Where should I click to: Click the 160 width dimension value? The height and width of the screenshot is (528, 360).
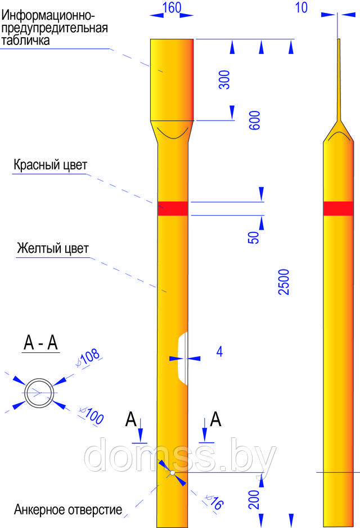point(172,8)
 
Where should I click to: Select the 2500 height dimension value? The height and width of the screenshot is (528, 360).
point(283,282)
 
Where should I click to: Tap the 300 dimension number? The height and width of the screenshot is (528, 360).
point(224,79)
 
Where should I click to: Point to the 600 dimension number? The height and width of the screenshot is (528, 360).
point(254,120)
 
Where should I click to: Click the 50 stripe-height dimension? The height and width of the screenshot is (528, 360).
point(254,238)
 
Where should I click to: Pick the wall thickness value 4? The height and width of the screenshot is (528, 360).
point(219,351)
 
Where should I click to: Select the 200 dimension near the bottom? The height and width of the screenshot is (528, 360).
point(254,499)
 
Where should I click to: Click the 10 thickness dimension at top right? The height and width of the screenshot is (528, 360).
point(301,8)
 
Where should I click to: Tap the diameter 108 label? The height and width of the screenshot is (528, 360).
point(88,357)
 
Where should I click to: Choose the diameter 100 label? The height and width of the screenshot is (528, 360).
point(92,415)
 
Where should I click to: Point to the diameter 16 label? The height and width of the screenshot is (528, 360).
point(214,502)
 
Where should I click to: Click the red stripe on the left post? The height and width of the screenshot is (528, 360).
point(173,208)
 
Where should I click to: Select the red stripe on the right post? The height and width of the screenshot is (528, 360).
point(339,208)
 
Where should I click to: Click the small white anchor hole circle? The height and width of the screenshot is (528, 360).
point(173,473)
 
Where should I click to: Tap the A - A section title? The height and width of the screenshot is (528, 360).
point(40,343)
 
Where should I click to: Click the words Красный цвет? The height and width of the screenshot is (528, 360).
point(51,165)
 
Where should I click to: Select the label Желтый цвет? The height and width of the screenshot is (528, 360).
point(53,248)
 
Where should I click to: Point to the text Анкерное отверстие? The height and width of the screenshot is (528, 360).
point(68,509)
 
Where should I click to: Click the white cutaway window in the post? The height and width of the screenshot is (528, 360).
point(182,358)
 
